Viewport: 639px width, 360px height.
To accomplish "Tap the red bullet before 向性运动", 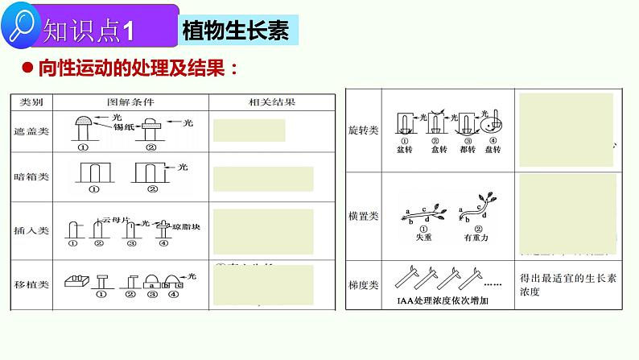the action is tap(27, 68).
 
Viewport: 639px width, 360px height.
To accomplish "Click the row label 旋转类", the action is tap(367, 130).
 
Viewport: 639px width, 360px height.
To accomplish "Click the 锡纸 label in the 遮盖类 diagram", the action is tap(123, 127).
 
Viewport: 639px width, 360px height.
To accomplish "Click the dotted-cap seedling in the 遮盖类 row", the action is tap(83, 124).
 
